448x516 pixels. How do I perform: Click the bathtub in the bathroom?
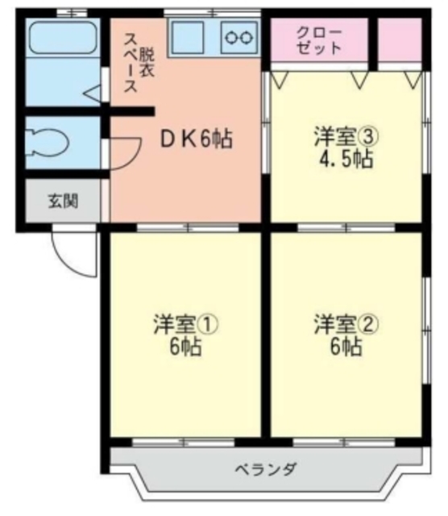(62, 37)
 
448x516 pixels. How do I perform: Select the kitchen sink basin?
(192, 38)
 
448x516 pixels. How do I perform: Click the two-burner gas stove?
(239, 38)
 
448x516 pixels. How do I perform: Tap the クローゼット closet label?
(319, 40)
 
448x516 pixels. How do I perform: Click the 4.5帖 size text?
(344, 158)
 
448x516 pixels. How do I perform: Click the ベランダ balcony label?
(266, 468)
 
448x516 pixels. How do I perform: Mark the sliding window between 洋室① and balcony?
(184, 441)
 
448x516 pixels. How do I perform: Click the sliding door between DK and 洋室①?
(185, 227)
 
